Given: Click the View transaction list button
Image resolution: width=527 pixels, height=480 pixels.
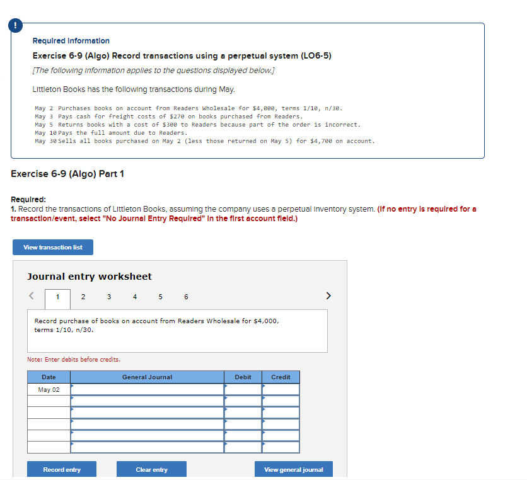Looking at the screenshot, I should coord(53,247).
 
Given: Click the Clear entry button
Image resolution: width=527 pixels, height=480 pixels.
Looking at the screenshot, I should coord(151,469).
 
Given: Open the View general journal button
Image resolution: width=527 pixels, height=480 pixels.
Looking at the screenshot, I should coord(294,469).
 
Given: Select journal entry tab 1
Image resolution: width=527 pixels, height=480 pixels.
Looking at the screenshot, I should coord(57,297).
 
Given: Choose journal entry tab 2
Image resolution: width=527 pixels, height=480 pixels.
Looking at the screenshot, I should coord(83,297).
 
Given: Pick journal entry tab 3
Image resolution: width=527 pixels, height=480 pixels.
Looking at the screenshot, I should coord(109,297).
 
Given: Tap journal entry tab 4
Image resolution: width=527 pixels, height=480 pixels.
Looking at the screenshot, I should coord(135,297).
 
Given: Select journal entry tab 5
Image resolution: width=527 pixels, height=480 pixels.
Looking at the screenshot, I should coord(160,297).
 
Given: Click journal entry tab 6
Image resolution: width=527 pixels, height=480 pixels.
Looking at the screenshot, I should coord(186,297).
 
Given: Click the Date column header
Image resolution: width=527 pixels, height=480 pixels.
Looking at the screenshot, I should coord(49,377).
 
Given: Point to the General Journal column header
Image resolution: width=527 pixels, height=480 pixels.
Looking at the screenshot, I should coord(147,377).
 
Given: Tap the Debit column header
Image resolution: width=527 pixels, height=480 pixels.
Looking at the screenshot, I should coord(243,377).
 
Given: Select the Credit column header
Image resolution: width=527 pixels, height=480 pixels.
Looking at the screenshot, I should coord(281,377).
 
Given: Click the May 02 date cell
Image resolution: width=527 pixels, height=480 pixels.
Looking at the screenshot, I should coord(49,389).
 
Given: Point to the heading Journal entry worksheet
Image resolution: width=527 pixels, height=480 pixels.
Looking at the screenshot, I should coord(90,276).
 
